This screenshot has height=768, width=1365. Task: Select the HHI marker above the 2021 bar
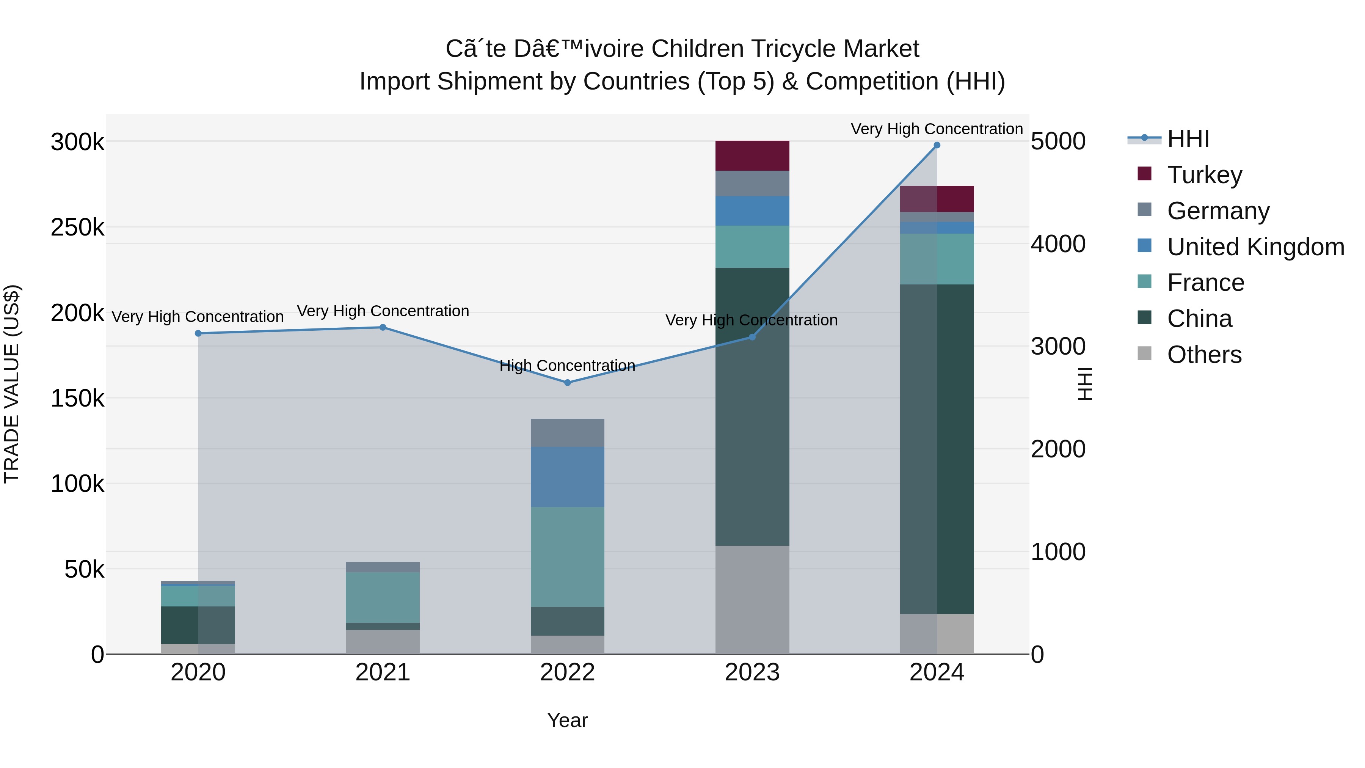click(x=383, y=328)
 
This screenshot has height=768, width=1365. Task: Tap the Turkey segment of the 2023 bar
click(x=752, y=156)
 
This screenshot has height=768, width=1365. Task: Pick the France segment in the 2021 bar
click(x=383, y=597)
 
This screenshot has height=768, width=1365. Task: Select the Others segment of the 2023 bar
click(x=752, y=600)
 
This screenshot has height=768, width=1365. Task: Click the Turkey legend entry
click(x=1204, y=175)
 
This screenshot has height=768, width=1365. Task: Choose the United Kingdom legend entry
click(x=1255, y=247)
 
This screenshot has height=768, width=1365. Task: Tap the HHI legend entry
click(x=1188, y=139)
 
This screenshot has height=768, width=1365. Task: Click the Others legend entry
click(x=1204, y=355)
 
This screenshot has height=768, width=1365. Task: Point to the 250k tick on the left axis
click(x=77, y=228)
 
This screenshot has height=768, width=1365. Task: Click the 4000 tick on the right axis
click(x=1057, y=244)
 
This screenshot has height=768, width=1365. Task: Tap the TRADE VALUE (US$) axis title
click(x=12, y=384)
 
